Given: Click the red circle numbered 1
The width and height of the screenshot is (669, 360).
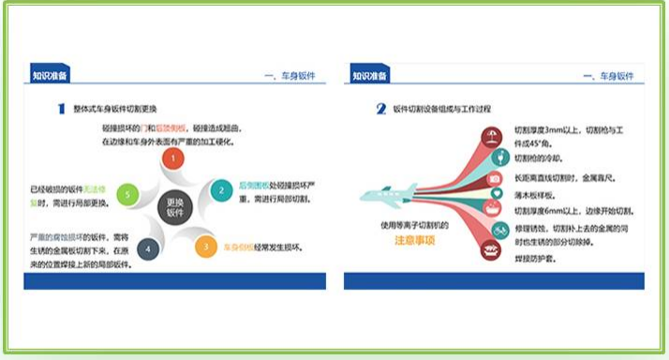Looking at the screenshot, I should point(172,159).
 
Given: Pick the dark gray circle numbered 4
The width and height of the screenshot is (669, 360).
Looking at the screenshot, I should point(146,249).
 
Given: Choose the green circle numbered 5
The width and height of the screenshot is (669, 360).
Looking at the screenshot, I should point(130,195).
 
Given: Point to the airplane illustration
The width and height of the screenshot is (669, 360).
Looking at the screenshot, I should point(394,195).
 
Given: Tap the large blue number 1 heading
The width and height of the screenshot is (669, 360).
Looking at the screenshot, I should point(61,110).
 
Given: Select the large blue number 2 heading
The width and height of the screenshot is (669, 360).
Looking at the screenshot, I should point(381,110).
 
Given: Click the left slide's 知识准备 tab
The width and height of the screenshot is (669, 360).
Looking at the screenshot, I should point(50,76).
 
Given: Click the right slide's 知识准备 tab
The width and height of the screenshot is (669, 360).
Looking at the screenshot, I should point(370,76).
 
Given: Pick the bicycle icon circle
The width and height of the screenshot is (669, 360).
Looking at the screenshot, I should point(499,229).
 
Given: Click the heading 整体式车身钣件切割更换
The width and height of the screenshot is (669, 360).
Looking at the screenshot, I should point(122,110).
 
